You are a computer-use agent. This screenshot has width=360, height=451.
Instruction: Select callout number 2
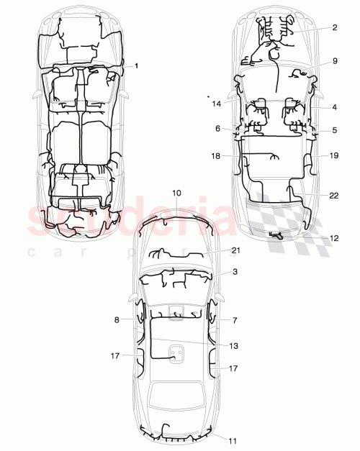point(335,28)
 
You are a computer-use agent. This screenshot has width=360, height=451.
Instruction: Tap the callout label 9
point(335,62)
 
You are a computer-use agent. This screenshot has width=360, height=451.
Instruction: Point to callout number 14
point(216,104)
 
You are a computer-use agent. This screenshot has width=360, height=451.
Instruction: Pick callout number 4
point(335,107)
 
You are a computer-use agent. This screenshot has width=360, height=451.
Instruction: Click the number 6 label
point(217,128)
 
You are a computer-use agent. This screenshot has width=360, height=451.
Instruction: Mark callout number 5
point(335,130)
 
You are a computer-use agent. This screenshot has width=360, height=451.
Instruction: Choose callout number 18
point(217,155)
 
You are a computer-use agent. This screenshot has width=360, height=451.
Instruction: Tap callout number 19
point(333,155)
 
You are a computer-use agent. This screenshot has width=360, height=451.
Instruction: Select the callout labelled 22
point(333,195)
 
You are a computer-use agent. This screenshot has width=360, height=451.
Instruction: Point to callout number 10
point(177,193)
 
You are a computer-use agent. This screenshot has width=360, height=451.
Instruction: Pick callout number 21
point(235,250)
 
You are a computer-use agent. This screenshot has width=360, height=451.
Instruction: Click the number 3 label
point(235,272)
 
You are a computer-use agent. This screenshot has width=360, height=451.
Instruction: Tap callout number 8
point(117,319)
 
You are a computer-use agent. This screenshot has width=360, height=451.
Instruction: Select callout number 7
point(235,319)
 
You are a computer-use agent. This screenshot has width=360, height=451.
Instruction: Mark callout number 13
point(233,346)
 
